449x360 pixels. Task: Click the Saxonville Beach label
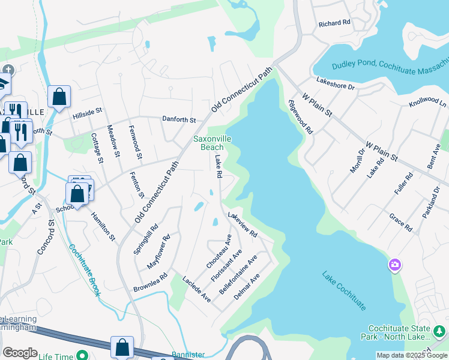212,143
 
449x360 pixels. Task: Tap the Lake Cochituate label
344,290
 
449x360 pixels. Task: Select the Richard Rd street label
334,23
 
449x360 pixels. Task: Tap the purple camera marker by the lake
394,265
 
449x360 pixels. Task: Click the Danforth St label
179,119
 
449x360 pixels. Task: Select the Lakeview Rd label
243,224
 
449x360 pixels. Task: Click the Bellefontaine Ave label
239,274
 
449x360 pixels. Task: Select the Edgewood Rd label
301,116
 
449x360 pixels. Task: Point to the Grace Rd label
400,223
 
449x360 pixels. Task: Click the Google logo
20,353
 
